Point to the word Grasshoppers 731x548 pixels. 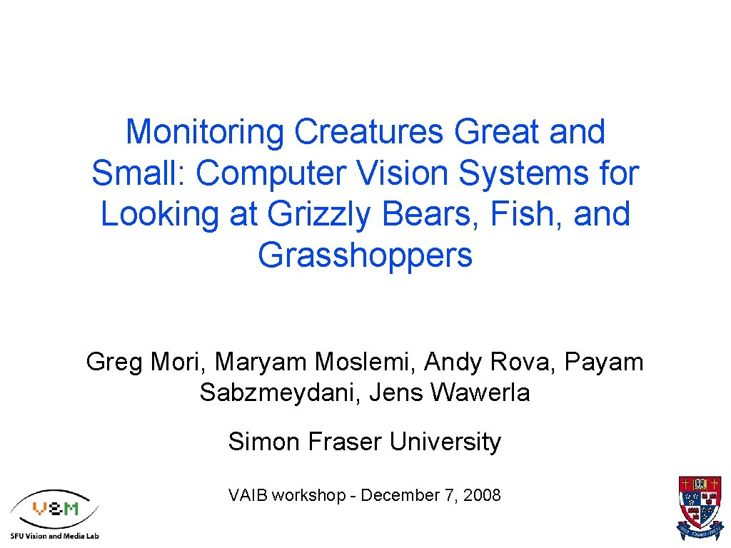[365, 255]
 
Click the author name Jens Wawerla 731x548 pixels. [450, 392]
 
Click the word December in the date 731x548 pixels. [400, 495]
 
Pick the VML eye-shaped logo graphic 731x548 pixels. [54, 509]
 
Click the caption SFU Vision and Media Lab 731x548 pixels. [54, 535]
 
